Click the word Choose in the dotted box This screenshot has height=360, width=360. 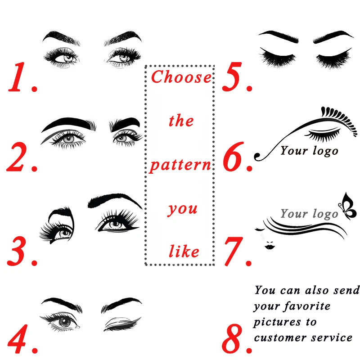[181, 77]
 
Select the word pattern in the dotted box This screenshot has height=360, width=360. [180, 165]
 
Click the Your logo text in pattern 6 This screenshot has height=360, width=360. [309, 150]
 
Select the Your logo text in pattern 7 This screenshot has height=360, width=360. [309, 213]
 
